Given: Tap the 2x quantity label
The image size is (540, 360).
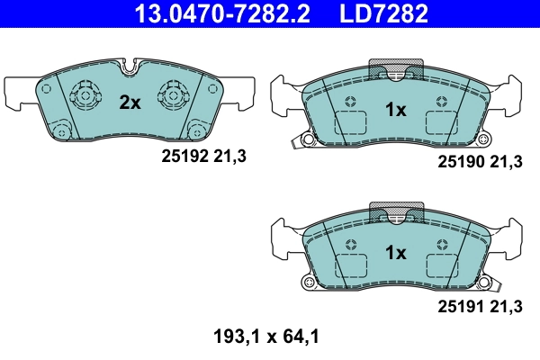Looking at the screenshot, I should coord(130,103).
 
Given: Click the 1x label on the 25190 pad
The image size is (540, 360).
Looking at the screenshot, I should coord(396,109).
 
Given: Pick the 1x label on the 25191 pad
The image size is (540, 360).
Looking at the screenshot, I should coord(396,253).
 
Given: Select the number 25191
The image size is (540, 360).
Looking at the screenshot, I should coord(460,307).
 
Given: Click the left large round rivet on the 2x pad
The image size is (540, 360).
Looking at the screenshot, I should coord(86,94).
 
